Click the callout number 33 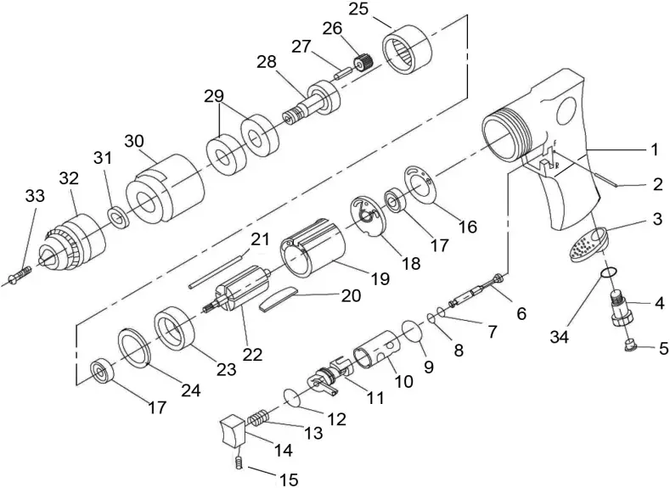coord(34,196)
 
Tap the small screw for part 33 coord(20,276)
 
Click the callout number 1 coord(653,149)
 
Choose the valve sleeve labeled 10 coord(374,350)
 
